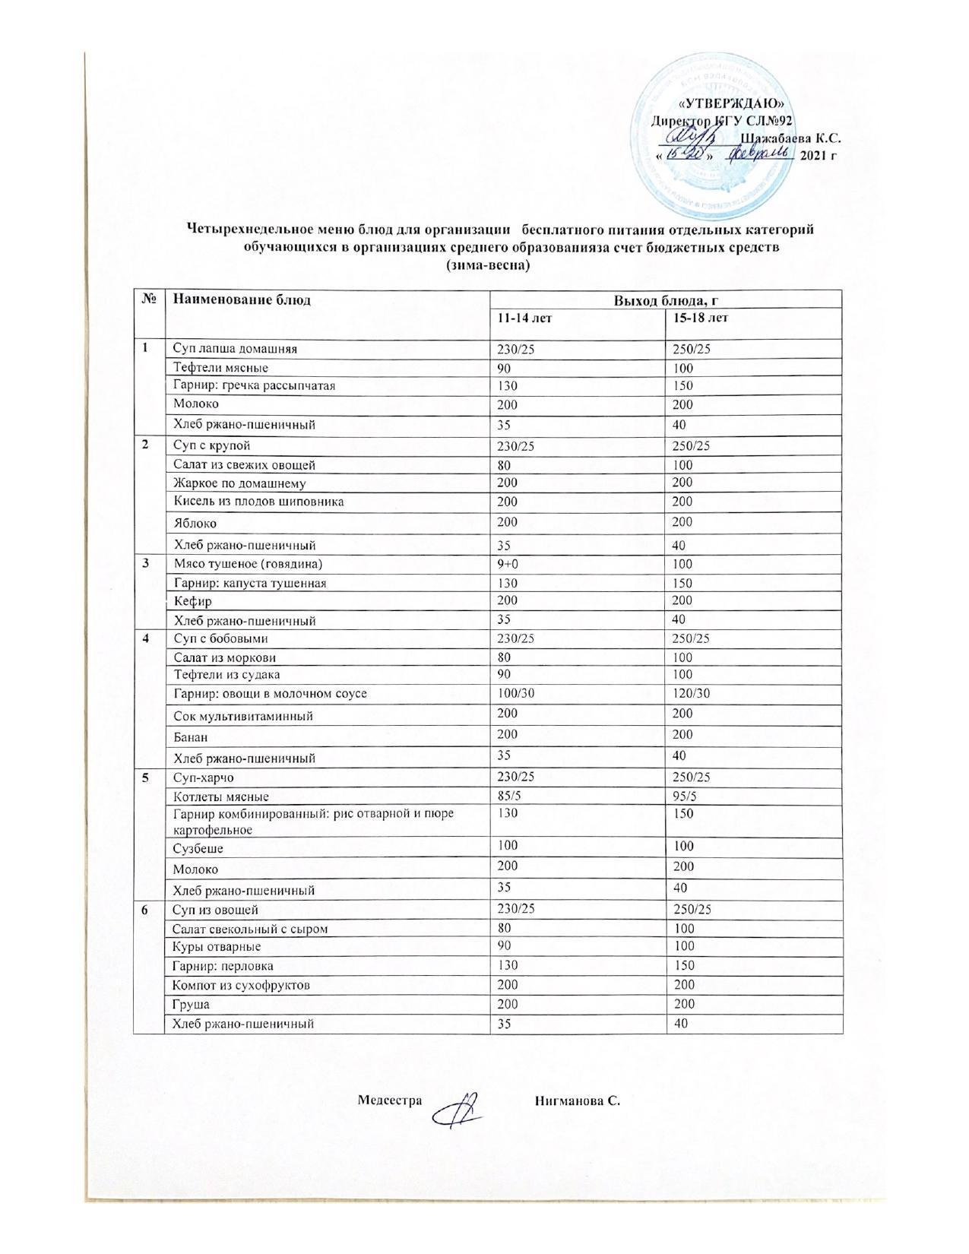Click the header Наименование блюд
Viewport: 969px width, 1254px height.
tap(242, 299)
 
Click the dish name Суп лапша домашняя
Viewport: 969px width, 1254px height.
tap(236, 349)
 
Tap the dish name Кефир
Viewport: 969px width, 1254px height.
tap(193, 601)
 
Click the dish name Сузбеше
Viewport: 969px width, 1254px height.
tap(198, 848)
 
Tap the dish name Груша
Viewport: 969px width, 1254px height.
tap(192, 1004)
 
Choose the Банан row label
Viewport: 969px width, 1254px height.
tap(192, 736)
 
